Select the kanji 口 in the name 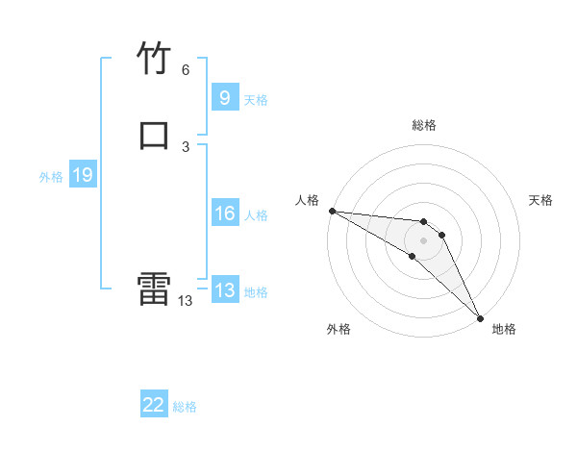[154, 135]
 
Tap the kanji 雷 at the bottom [154, 289]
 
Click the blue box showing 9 [224, 98]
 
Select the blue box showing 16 [224, 213]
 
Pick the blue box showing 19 [83, 175]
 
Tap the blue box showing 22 [154, 405]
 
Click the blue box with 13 [224, 290]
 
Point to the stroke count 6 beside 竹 [186, 70]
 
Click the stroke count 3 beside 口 [186, 146]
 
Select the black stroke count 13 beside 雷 [185, 301]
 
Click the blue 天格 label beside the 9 [256, 100]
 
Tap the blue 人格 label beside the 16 [256, 215]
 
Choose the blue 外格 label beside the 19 [51, 177]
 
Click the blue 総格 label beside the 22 [185, 407]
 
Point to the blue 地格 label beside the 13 [256, 292]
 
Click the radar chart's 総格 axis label [423, 125]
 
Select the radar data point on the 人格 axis [332, 210]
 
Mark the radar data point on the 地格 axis [480, 316]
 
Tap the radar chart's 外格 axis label [339, 329]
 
